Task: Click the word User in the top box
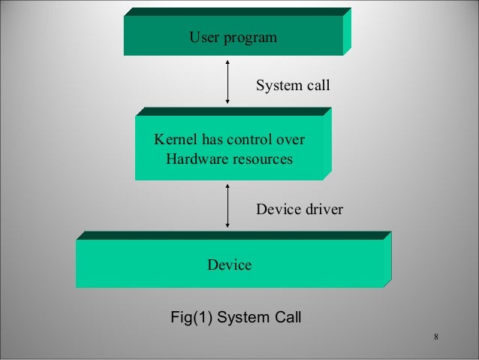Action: pyautogui.click(x=203, y=37)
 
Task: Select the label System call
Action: pyautogui.click(x=293, y=86)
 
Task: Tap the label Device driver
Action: pyautogui.click(x=300, y=209)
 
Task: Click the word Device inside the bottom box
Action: pyautogui.click(x=229, y=265)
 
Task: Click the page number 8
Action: pyautogui.click(x=436, y=335)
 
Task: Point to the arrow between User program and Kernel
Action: pyautogui.click(x=227, y=83)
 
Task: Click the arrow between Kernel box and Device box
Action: pyautogui.click(x=227, y=205)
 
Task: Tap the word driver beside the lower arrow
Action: pyautogui.click(x=323, y=209)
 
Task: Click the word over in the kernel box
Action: pyautogui.click(x=291, y=140)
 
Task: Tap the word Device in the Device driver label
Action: pyautogui.click(x=277, y=209)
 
